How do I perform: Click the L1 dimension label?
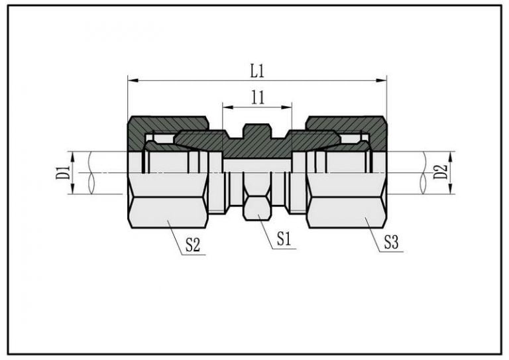pos(257,71)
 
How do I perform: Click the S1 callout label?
pos(284,239)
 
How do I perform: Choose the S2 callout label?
pos(192,245)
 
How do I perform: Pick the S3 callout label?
pos(391,242)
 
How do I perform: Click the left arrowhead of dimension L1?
pos(133,80)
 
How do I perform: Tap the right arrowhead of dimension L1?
pos(382,80)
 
